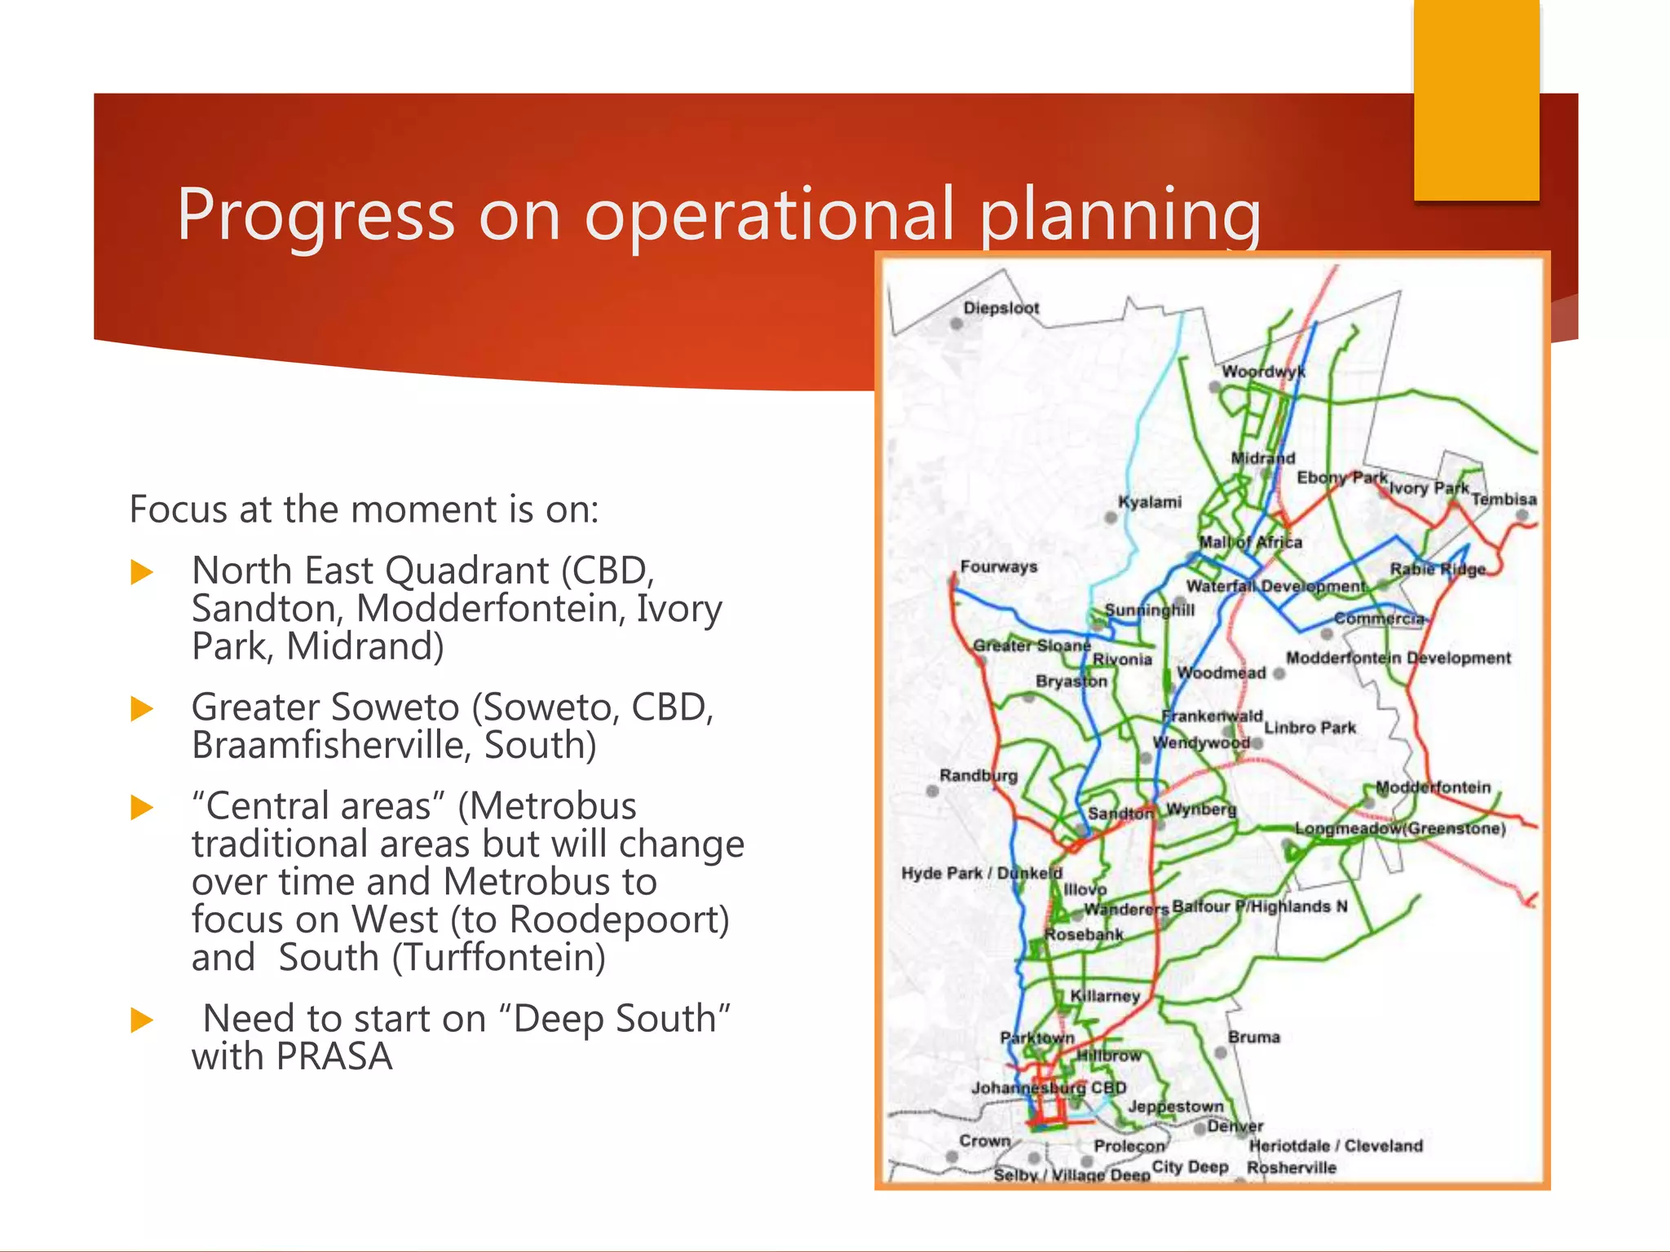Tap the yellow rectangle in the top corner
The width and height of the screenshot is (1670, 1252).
pos(1476,99)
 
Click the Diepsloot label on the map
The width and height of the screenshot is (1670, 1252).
pos(1001,308)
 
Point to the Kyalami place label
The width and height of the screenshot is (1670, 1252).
pos(1150,502)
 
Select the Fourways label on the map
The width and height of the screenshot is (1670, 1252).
pos(999,566)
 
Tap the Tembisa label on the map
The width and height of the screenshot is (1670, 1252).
pos(1504,499)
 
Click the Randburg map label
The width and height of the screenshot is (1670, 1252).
pos(979,775)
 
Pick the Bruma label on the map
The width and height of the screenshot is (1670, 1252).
pos(1254,1038)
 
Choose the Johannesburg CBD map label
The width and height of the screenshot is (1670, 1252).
pos(1049,1088)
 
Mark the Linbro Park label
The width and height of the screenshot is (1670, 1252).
pos(1310,728)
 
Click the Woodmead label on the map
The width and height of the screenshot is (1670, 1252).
pos(1222,673)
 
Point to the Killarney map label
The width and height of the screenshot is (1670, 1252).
pos(1105,996)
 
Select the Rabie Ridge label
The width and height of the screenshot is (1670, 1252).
pos(1438,569)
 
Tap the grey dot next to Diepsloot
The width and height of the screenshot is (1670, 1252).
pos(956,324)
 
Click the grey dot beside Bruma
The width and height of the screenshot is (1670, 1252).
pos(1221,1052)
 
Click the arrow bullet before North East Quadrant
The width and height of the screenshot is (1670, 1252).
pos(142,572)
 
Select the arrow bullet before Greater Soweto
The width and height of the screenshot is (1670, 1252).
pos(142,709)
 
